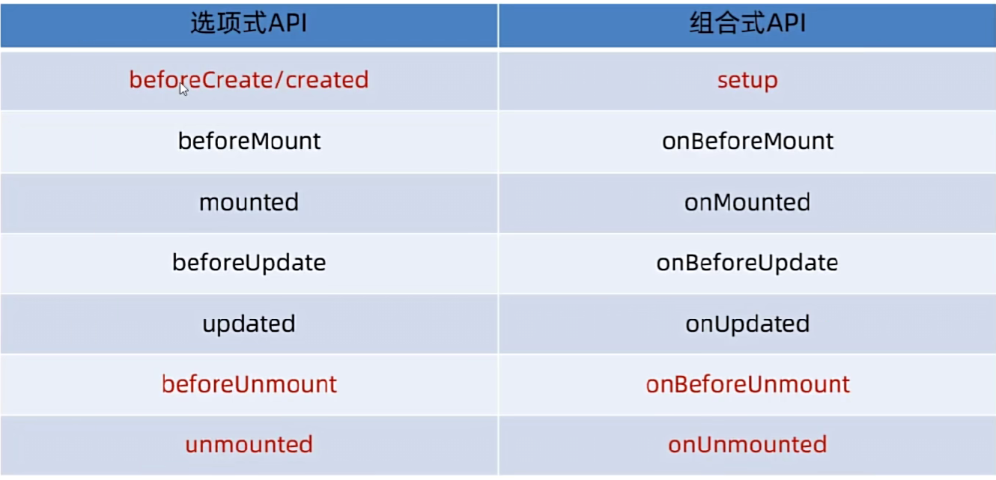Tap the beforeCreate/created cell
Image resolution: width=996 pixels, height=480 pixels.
click(x=249, y=80)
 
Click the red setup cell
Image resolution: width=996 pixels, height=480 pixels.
click(x=747, y=81)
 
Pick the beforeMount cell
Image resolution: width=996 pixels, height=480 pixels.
click(x=249, y=141)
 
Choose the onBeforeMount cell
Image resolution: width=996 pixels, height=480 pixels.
click(x=747, y=141)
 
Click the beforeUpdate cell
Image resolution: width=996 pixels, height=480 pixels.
click(x=249, y=263)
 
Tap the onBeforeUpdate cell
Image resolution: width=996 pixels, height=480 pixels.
click(x=747, y=263)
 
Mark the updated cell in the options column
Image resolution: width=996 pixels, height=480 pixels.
click(x=249, y=324)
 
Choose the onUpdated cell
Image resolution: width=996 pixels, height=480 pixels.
click(x=747, y=324)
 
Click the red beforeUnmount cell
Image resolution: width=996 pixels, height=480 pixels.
click(x=249, y=384)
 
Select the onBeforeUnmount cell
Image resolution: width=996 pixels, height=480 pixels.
click(x=748, y=384)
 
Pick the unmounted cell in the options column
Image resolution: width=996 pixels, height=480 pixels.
click(x=249, y=445)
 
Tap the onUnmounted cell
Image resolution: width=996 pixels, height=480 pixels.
click(x=747, y=445)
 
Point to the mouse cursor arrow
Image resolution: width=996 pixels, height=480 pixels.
click(x=183, y=89)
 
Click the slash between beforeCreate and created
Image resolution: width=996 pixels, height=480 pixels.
click(x=279, y=80)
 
